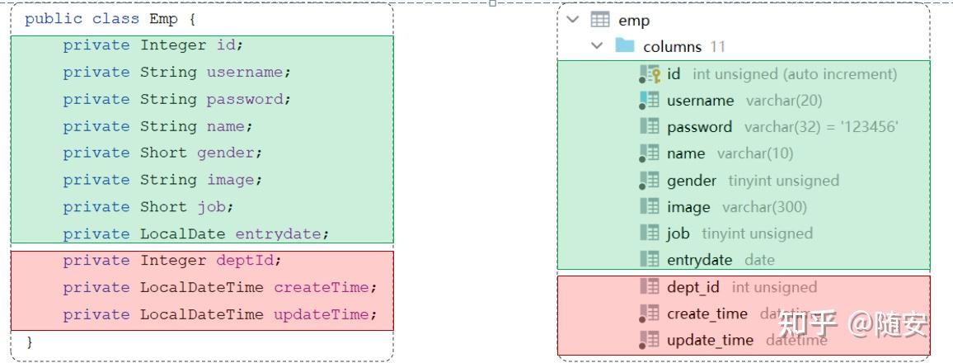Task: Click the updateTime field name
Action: point(324,314)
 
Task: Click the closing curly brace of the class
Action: point(30,341)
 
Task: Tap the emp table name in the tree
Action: point(634,21)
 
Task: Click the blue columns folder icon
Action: point(625,46)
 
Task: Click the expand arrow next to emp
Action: point(574,20)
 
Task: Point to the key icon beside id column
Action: point(650,74)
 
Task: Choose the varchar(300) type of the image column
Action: point(764,207)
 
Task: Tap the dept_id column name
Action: point(692,287)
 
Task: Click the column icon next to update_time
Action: point(650,340)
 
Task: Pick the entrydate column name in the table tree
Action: point(699,260)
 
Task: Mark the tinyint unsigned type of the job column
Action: point(757,233)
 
